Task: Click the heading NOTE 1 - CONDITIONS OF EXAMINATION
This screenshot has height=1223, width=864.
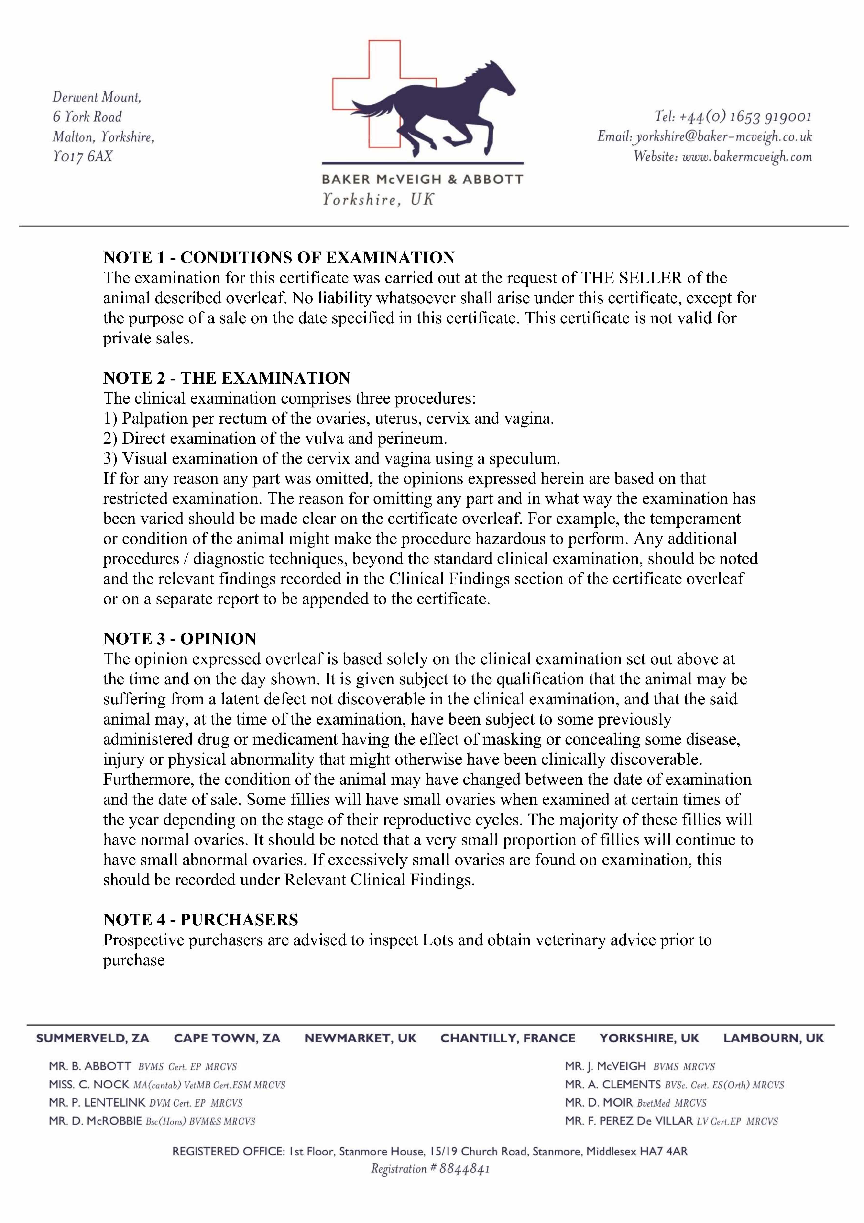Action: pyautogui.click(x=279, y=258)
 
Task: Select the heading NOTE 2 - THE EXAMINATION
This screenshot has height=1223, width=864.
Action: pyautogui.click(x=227, y=378)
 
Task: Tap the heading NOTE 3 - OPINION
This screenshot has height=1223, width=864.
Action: pyautogui.click(x=180, y=639)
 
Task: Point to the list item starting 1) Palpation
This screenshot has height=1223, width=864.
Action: pyautogui.click(x=328, y=419)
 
